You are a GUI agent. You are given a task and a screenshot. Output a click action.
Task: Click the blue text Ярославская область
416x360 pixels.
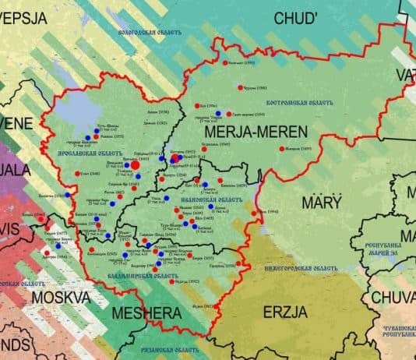86,154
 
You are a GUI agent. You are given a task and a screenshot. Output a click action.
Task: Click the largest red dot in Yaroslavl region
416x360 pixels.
135,164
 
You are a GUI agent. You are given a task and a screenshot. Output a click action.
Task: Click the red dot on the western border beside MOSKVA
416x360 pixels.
47,253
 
